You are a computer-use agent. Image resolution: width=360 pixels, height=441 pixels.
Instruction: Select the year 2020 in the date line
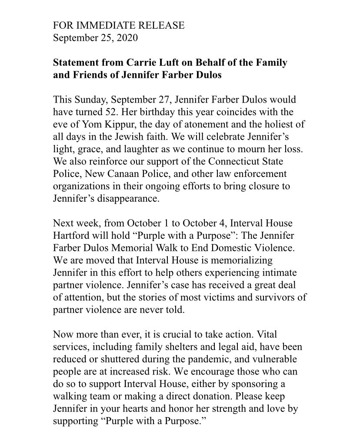127,38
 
